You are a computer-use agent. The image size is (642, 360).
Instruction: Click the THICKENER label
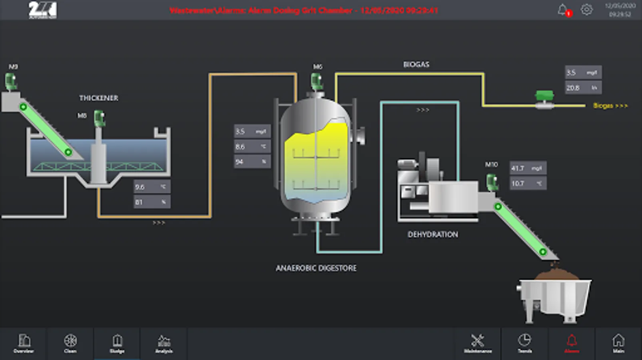(98, 98)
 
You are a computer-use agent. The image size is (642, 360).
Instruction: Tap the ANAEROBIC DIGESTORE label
(316, 268)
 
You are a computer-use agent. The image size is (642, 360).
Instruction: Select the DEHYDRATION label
(433, 234)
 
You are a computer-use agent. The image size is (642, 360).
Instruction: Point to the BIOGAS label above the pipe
(416, 64)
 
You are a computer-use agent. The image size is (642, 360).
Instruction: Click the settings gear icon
(586, 10)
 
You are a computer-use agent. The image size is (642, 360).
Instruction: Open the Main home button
(618, 343)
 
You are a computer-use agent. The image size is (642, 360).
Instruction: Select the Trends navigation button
(524, 343)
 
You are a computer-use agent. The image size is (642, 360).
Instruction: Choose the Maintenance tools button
(478, 343)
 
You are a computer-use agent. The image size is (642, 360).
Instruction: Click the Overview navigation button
(24, 343)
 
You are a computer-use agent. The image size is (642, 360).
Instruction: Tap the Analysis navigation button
(164, 343)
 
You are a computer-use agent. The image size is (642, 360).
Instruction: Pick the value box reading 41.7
(528, 168)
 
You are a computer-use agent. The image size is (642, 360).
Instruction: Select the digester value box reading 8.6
(252, 147)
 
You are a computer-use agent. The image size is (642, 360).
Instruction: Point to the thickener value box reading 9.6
(152, 187)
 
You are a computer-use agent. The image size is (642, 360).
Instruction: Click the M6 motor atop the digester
(317, 81)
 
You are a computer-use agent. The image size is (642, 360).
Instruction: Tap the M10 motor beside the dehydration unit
(492, 182)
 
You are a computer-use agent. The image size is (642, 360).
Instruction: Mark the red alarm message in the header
(304, 10)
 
